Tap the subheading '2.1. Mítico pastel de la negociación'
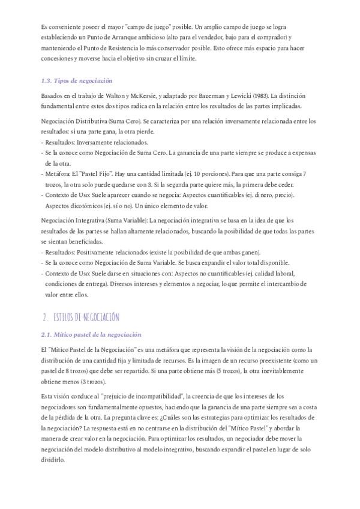pos(91,334)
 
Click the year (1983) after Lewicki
pos(260,95)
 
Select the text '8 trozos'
pos(74,371)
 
